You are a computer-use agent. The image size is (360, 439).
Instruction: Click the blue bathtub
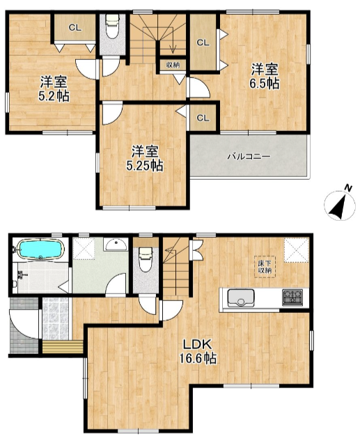(41, 249)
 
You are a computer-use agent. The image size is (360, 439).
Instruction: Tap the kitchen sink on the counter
(241, 298)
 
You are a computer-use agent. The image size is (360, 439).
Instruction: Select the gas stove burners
(292, 297)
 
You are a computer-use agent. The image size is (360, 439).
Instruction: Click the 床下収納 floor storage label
(265, 267)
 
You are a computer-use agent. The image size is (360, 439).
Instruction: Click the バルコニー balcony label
(249, 157)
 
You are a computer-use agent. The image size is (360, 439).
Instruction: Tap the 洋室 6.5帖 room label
(265, 77)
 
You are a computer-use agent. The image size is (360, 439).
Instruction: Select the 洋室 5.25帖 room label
(145, 158)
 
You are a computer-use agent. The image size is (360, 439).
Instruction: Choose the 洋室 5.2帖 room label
(54, 88)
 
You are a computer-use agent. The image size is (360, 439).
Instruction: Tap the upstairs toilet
(112, 26)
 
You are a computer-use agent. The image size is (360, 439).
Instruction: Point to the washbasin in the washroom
(116, 245)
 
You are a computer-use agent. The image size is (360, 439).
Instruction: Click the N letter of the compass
(347, 188)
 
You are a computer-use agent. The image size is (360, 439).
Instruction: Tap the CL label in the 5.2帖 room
(75, 28)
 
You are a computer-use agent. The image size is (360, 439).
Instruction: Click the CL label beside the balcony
(203, 118)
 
